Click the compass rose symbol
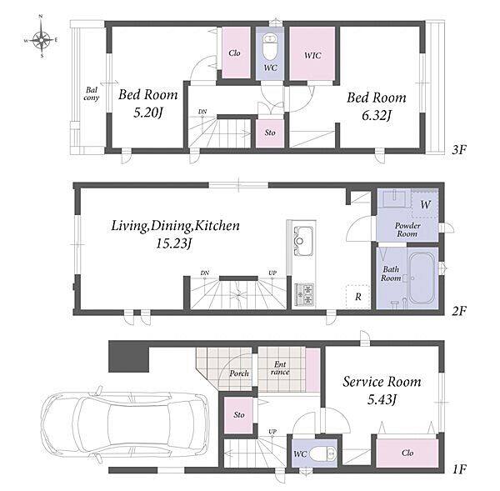pyautogui.click(x=42, y=39)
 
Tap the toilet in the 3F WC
pyautogui.click(x=270, y=47)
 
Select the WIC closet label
pyautogui.click(x=312, y=56)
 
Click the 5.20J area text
pyautogui.click(x=148, y=113)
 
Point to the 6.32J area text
pyautogui.click(x=377, y=115)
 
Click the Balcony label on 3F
pyautogui.click(x=91, y=94)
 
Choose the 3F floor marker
pyautogui.click(x=459, y=149)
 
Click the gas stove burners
pyautogui.click(x=304, y=294)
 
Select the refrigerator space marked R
pyautogui.click(x=358, y=297)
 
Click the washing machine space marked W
pyautogui.click(x=425, y=204)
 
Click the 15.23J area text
pyautogui.click(x=174, y=243)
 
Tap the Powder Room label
pyautogui.click(x=407, y=229)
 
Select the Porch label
pyautogui.click(x=239, y=373)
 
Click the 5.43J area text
pyautogui.click(x=382, y=399)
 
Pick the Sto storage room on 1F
pyautogui.click(x=238, y=415)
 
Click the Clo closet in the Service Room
pyautogui.click(x=407, y=453)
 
